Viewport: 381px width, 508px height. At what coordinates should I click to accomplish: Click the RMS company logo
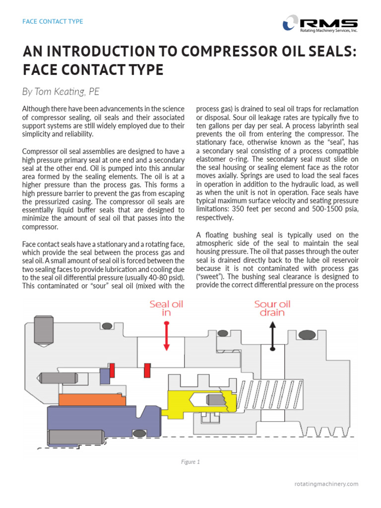[x=319, y=23]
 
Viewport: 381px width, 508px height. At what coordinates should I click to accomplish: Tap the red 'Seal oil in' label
[x=167, y=308]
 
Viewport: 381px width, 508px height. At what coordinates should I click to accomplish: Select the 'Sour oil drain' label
[x=272, y=308]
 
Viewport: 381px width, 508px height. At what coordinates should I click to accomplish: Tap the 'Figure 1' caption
[x=190, y=462]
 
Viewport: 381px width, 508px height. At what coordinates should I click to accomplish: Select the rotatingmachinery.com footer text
[x=326, y=484]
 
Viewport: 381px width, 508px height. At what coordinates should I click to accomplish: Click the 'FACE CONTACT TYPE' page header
[x=53, y=21]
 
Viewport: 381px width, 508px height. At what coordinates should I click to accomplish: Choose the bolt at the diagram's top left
[x=43, y=329]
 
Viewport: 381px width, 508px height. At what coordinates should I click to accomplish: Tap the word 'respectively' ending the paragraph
[x=214, y=217]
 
